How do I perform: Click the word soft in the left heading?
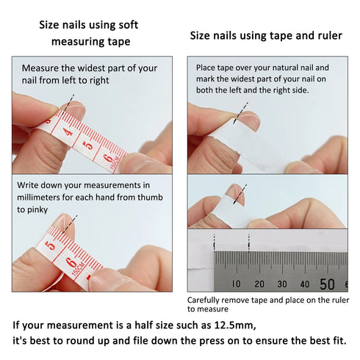pyautogui.click(x=126, y=25)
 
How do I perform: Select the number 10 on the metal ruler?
pyautogui.click(x=236, y=284)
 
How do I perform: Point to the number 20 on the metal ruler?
pyautogui.click(x=259, y=284)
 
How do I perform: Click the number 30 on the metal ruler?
pyautogui.click(x=282, y=284)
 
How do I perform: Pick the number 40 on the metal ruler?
pyautogui.click(x=305, y=284)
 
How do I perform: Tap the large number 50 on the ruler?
pyautogui.click(x=328, y=284)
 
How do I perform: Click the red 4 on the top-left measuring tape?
pyautogui.click(x=68, y=133)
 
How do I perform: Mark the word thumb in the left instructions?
pyautogui.click(x=151, y=197)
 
